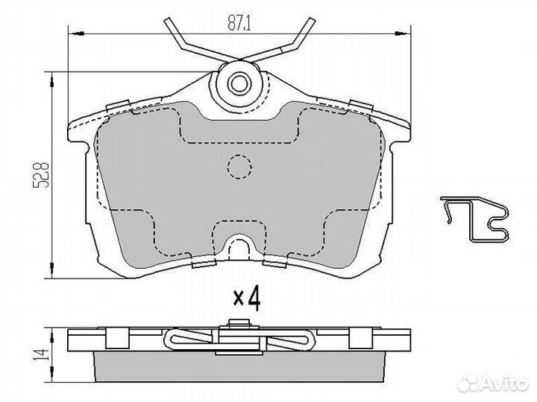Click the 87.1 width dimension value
[239, 23]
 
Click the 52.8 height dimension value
[42, 175]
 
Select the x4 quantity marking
[247, 298]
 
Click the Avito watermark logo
[493, 383]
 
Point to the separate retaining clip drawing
[474, 219]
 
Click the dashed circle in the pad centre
[239, 167]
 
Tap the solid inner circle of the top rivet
[239, 83]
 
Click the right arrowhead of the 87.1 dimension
[403, 33]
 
